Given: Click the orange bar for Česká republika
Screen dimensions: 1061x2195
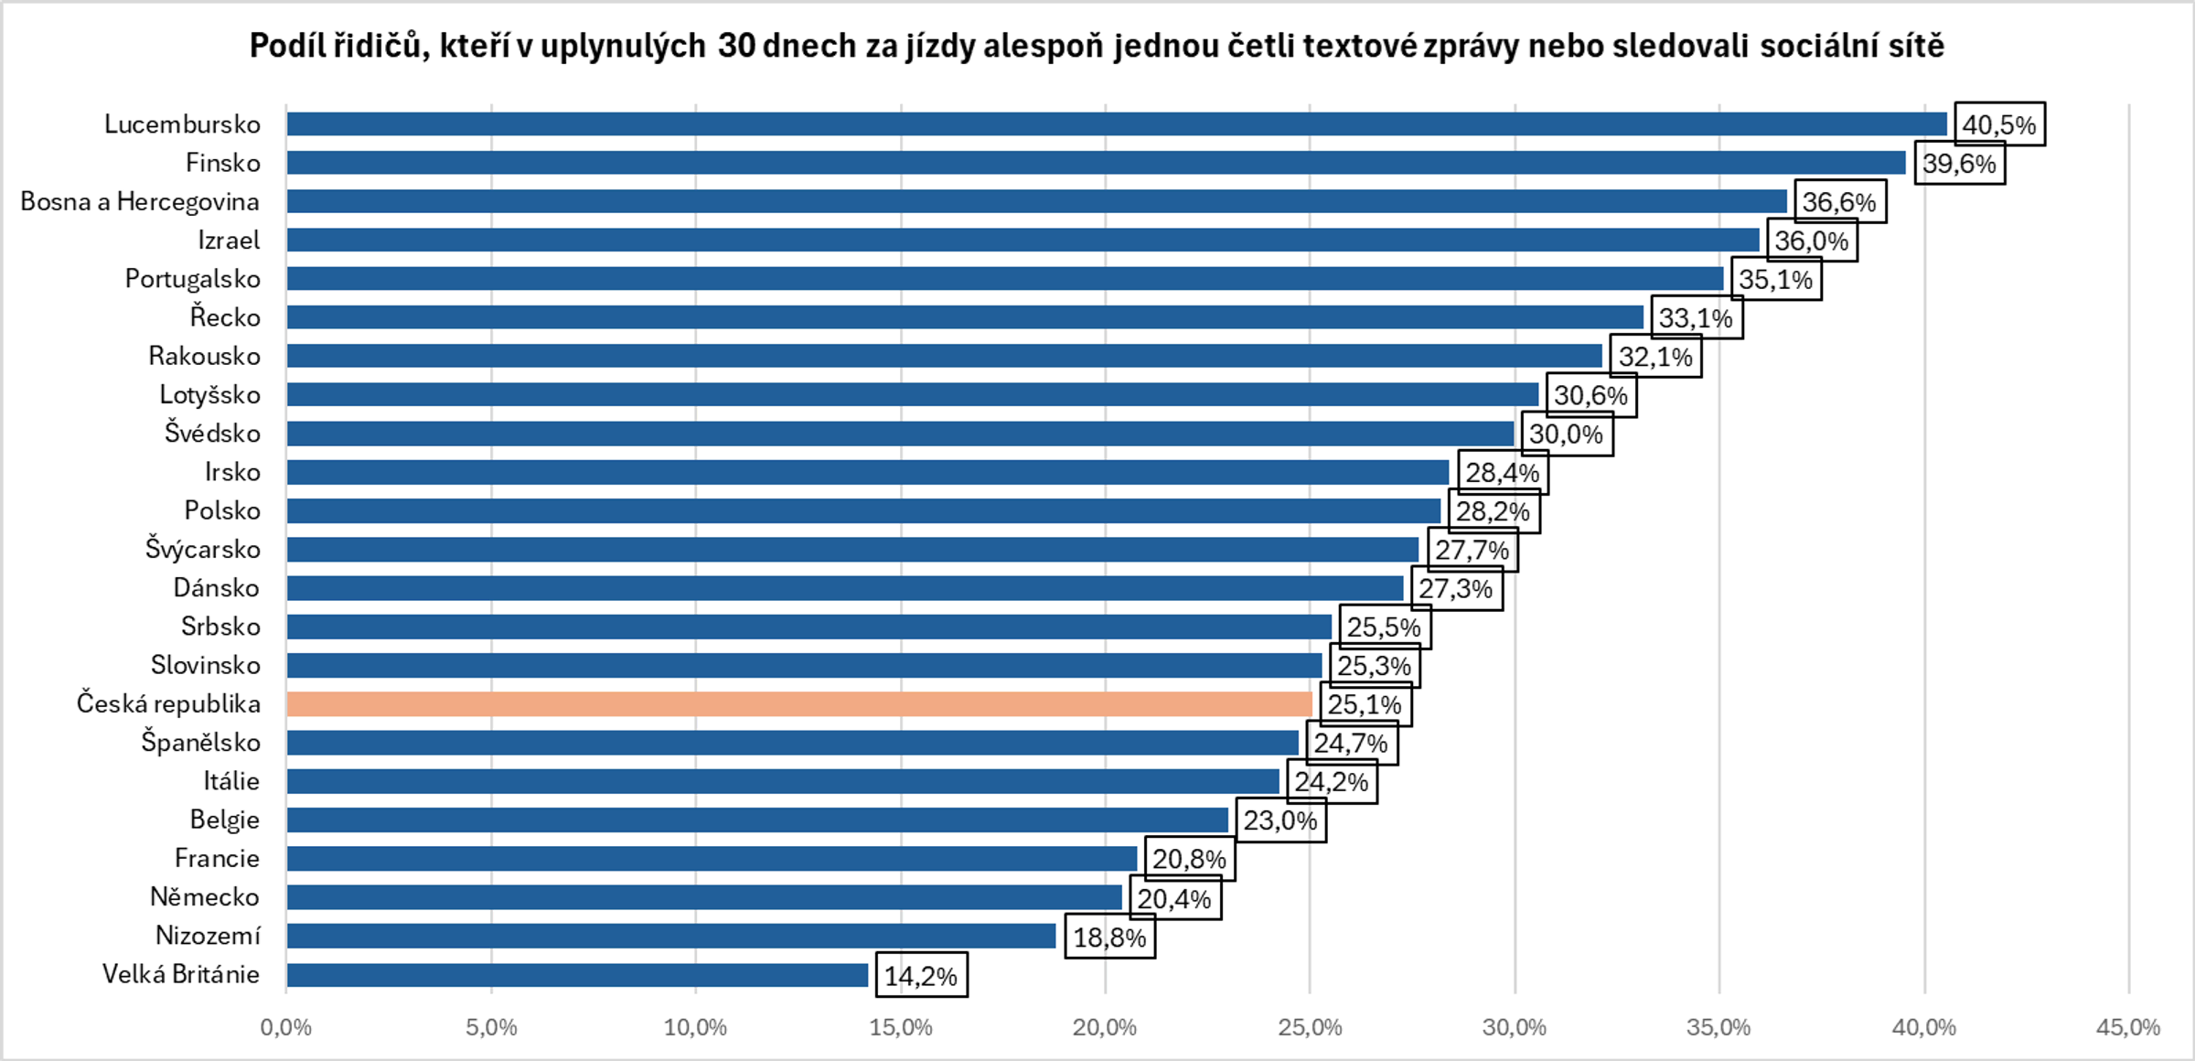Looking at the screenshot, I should [x=798, y=703].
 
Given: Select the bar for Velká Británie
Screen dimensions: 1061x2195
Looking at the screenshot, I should [x=576, y=975].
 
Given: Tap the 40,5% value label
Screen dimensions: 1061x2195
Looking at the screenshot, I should [x=1999, y=124].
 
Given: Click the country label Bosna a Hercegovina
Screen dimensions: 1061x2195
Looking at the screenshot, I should [x=140, y=201].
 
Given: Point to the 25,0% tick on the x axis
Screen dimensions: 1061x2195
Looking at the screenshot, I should [x=1310, y=1027].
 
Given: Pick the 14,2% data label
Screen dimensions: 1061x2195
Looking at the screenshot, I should [x=921, y=976].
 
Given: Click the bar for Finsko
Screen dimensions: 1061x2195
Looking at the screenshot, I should [x=1096, y=163].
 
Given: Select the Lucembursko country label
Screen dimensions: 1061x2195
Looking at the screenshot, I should [x=182, y=124].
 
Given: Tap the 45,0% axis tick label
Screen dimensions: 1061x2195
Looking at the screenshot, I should [x=2128, y=1027].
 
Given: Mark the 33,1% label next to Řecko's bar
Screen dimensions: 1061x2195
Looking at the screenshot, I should [x=1697, y=318].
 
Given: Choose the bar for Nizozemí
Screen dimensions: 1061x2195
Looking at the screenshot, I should [x=670, y=936].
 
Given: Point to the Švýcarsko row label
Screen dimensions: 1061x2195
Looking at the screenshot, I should [x=202, y=549].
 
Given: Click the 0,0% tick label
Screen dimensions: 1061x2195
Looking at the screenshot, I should [x=286, y=1027].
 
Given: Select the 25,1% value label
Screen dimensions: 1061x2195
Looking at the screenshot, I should [x=1365, y=704].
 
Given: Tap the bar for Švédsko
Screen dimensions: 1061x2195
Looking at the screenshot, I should [x=900, y=434].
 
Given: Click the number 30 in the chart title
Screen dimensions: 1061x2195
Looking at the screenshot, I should [x=736, y=46].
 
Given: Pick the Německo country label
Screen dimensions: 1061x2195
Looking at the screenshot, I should [x=205, y=897].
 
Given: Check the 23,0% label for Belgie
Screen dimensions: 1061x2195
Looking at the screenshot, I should [x=1280, y=820].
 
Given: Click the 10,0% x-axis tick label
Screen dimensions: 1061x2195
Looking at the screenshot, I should [x=695, y=1027].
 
